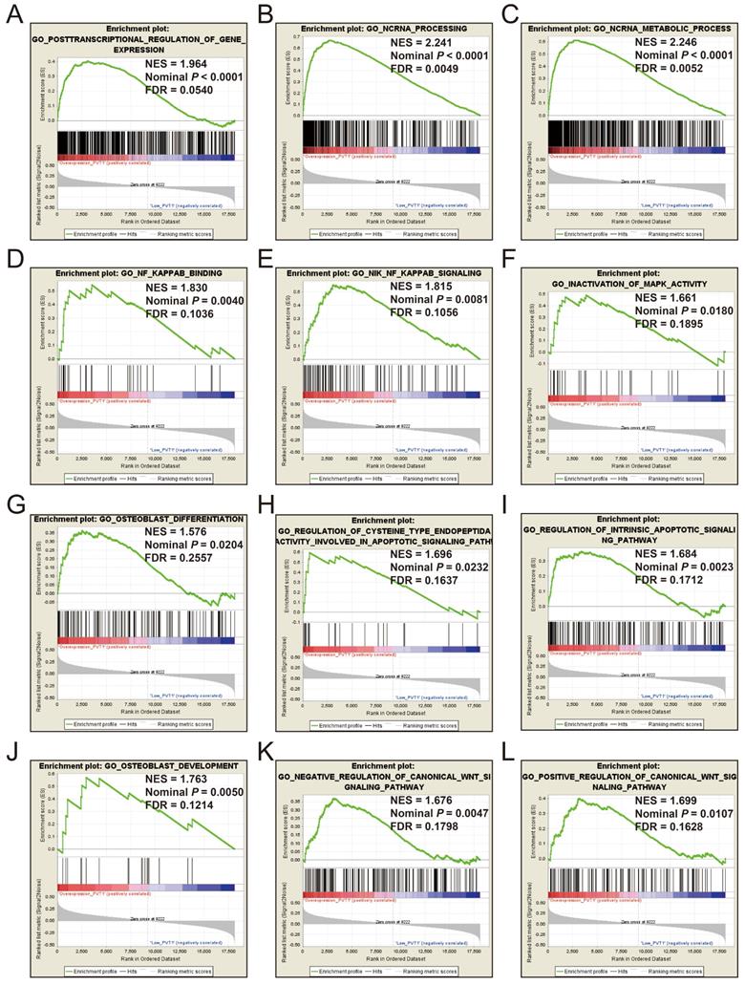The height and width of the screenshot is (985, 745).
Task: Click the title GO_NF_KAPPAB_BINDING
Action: point(139,273)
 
